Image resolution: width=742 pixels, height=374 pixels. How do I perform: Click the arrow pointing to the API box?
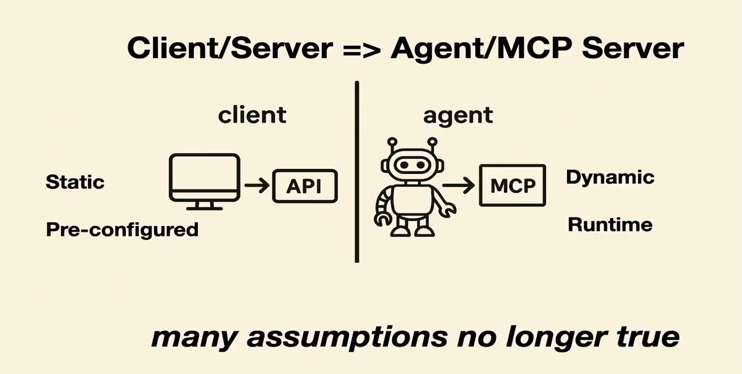(257, 185)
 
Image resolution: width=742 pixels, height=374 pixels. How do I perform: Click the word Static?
(75, 182)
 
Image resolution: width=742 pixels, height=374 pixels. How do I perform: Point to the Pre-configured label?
(122, 230)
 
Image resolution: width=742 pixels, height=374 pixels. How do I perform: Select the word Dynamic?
(610, 178)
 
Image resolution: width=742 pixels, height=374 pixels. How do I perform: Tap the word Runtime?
(610, 225)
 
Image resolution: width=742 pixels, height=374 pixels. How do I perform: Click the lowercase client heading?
(252, 115)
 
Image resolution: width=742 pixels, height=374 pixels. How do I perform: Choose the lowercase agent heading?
(458, 117)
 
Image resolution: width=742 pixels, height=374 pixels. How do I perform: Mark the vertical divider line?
(357, 172)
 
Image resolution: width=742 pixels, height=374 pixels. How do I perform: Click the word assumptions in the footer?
(347, 338)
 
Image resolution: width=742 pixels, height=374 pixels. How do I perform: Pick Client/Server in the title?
(230, 49)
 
